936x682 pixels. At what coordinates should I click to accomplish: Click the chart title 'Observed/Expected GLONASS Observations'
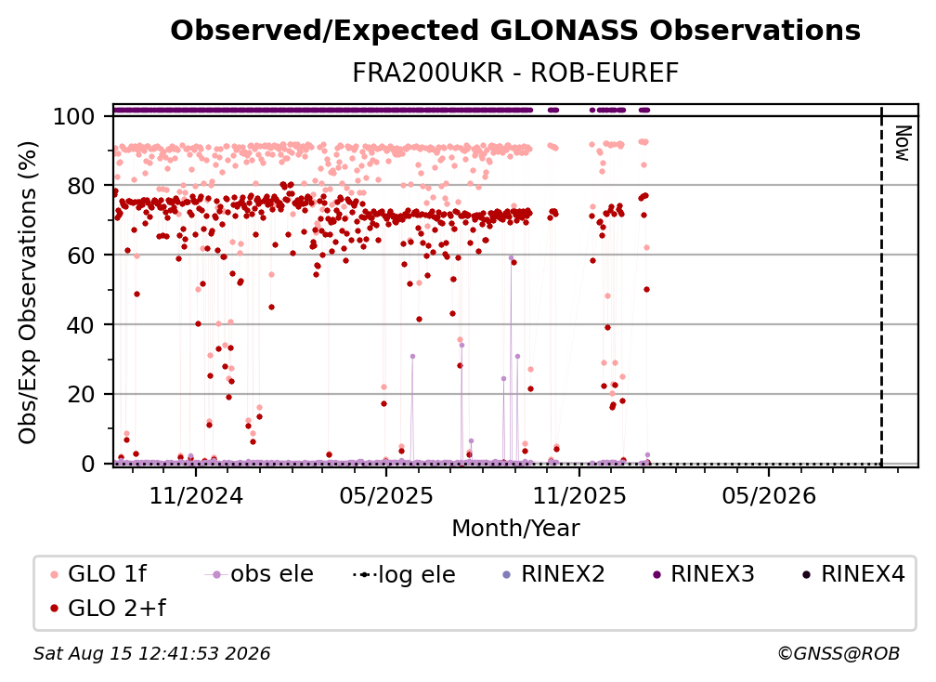tap(515, 31)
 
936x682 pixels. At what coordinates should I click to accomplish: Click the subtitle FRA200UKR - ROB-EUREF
tap(515, 73)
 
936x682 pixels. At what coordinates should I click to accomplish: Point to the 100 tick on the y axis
tap(73, 116)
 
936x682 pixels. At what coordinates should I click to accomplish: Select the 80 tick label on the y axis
tap(81, 186)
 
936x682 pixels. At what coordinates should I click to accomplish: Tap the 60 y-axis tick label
tap(81, 255)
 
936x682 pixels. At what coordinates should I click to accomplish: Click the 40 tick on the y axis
tap(81, 325)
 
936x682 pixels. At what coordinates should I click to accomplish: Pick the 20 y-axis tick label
tap(81, 394)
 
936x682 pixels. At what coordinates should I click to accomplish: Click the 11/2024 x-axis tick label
tap(196, 495)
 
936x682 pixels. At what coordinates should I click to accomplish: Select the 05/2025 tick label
tap(386, 495)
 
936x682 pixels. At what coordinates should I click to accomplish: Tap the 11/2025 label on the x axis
tap(579, 495)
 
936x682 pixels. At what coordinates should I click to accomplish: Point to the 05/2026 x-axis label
tap(769, 495)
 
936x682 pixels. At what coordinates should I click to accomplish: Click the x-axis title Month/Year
tap(515, 529)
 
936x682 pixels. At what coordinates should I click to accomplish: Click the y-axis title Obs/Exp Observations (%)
tap(28, 292)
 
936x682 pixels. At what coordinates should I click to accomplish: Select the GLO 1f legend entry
tap(98, 574)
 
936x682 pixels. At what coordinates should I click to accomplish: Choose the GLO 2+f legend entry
tap(108, 609)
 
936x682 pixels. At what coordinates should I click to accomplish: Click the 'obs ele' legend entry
tap(258, 574)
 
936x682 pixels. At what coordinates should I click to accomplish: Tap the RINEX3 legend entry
tap(703, 574)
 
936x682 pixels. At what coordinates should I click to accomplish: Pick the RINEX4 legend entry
tap(853, 574)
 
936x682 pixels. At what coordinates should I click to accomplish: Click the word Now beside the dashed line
tap(903, 143)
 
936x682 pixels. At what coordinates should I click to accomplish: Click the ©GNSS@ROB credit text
tap(838, 653)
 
